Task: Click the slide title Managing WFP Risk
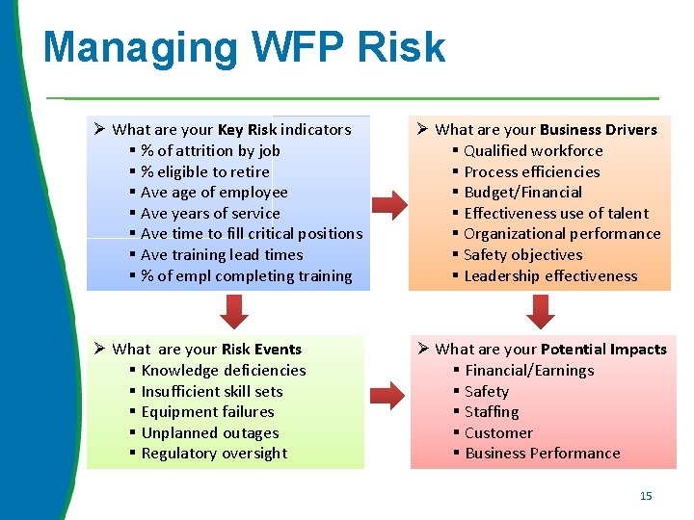(244, 47)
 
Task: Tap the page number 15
(646, 496)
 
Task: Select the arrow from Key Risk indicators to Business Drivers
(389, 203)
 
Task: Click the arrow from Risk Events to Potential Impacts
(389, 393)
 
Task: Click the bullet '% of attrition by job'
(210, 150)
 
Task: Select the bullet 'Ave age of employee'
(214, 192)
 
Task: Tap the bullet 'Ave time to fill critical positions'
(252, 233)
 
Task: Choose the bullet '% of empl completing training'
(246, 275)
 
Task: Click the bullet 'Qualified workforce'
(533, 150)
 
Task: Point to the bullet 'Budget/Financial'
(522, 192)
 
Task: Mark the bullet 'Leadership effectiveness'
(550, 275)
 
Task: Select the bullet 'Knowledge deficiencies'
(223, 370)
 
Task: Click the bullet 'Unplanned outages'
(209, 432)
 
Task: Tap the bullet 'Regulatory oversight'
(214, 453)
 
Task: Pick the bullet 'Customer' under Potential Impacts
(498, 432)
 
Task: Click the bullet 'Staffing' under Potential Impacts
(492, 411)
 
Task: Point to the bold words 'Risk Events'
(261, 349)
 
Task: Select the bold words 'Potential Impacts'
(604, 349)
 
